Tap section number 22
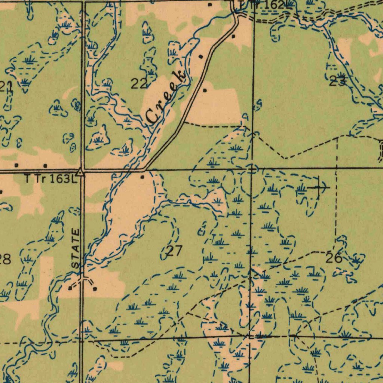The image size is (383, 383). tap(138, 84)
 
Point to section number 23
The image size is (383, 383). tap(337, 81)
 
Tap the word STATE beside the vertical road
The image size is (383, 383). tap(76, 249)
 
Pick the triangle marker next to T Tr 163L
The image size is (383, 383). tap(80, 172)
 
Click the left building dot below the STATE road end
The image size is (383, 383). tap(70, 288)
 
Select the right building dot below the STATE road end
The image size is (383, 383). tap(95, 289)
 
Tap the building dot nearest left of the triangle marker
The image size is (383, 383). tap(45, 165)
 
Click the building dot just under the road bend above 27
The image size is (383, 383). tap(142, 177)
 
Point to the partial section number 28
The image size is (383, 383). tap(5, 259)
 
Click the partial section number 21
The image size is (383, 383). tap(6, 87)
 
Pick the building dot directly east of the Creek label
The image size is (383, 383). tap(204, 90)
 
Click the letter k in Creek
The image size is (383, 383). tap(181, 75)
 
